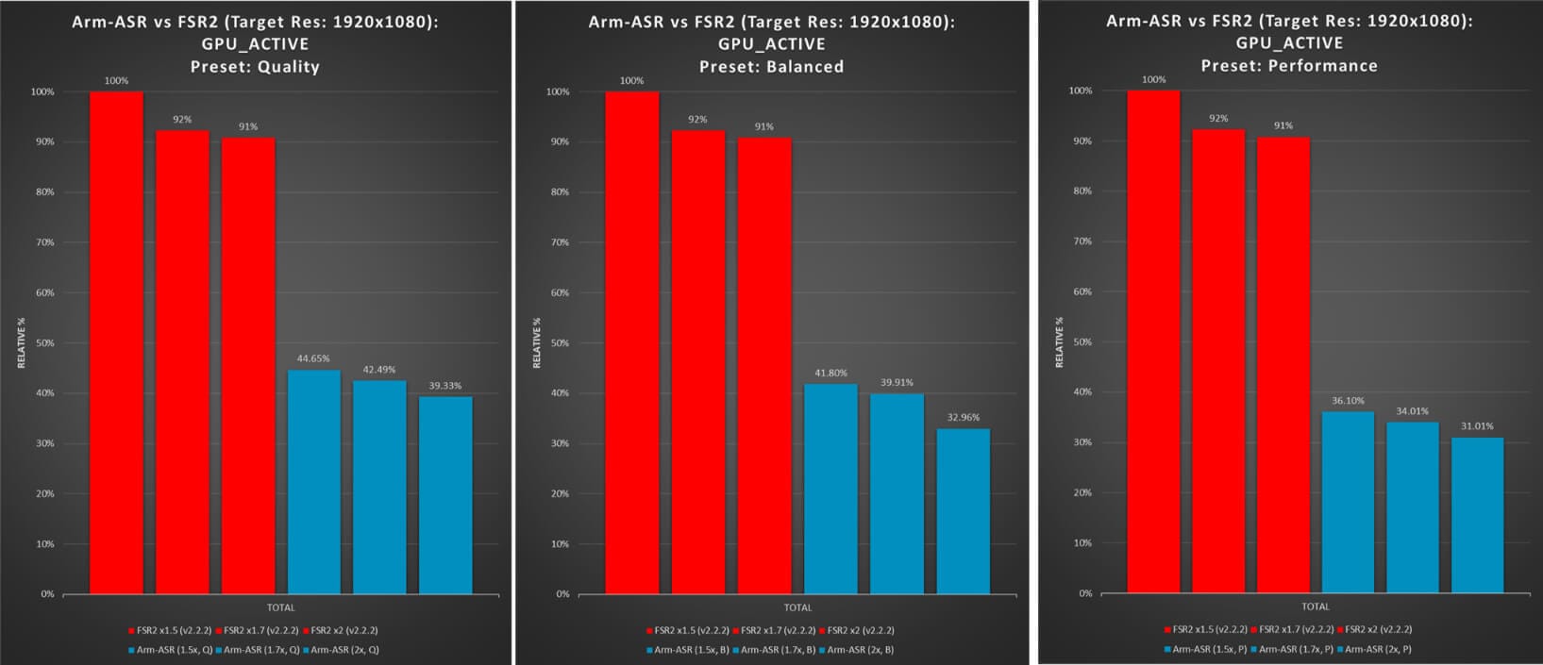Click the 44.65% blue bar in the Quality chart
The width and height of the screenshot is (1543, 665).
[313, 481]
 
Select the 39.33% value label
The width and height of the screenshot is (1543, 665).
[445, 386]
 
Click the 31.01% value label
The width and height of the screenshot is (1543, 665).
[1477, 426]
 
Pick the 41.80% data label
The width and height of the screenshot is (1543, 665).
[830, 374]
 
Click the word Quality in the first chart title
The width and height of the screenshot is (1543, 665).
[288, 67]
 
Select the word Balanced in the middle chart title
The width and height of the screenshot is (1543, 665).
[805, 67]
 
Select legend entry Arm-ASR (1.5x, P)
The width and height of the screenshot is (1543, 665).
[1205, 649]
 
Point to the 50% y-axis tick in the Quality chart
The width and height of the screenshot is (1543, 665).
[42, 343]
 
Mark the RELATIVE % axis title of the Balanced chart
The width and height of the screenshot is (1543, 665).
[538, 342]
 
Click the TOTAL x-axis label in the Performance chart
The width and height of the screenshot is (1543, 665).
[1315, 607]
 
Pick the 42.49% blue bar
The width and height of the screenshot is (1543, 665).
[379, 487]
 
